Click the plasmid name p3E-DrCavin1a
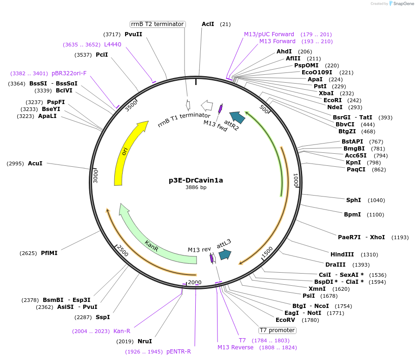(196, 180)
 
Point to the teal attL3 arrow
(225, 254)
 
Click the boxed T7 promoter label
(277, 330)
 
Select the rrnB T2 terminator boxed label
(158, 24)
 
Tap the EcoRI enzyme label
(333, 100)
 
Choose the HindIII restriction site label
(342, 255)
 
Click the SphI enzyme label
(353, 200)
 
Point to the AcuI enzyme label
(35, 164)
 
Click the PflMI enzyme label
(49, 253)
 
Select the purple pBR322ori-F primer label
(69, 73)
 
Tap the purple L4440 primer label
(112, 45)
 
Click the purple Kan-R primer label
(122, 331)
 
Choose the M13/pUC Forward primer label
(269, 34)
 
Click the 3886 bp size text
(196, 188)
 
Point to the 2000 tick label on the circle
(195, 282)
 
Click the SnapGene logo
(401, 4)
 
